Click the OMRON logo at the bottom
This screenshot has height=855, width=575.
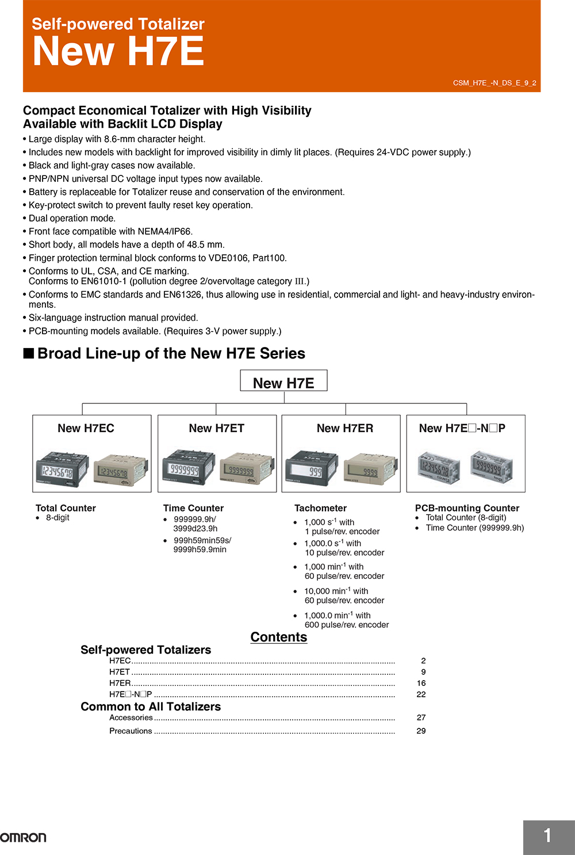pyautogui.click(x=23, y=837)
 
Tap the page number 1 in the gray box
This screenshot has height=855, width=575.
pyautogui.click(x=547, y=835)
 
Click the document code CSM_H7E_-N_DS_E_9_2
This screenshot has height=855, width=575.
pyautogui.click(x=494, y=83)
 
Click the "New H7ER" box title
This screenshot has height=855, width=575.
pyautogui.click(x=344, y=428)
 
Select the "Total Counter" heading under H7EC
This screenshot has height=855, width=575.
pyautogui.click(x=66, y=508)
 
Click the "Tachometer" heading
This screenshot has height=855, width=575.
pyautogui.click(x=320, y=508)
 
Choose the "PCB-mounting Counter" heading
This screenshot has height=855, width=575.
pyautogui.click(x=467, y=508)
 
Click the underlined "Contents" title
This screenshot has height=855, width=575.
pyautogui.click(x=279, y=637)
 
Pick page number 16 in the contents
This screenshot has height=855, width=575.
pyautogui.click(x=421, y=683)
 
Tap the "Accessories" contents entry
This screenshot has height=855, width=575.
pyautogui.click(x=131, y=717)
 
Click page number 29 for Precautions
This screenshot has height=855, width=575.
pyautogui.click(x=421, y=731)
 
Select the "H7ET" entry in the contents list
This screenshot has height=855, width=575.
pyautogui.click(x=120, y=671)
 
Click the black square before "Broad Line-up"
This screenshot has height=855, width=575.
pyautogui.click(x=29, y=353)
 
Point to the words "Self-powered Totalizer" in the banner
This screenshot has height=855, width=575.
pyautogui.click(x=118, y=24)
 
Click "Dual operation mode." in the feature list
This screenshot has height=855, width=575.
pyautogui.click(x=72, y=218)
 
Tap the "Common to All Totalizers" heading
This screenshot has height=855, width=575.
pyautogui.click(x=151, y=707)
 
